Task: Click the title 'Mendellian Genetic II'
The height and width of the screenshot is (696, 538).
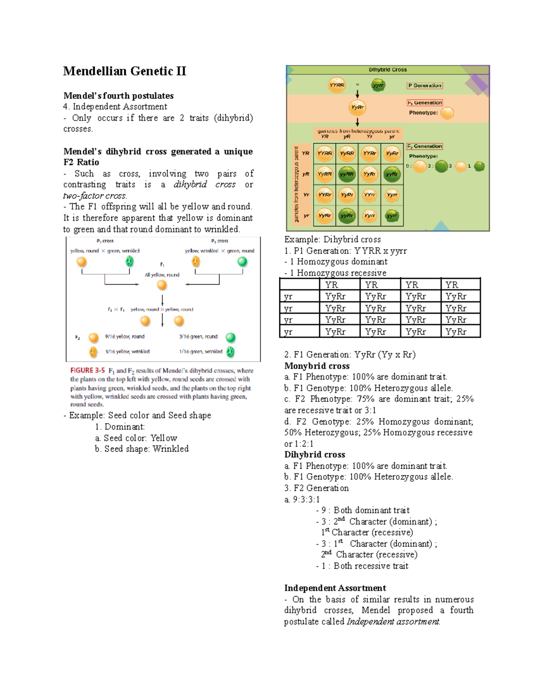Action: coord(124,71)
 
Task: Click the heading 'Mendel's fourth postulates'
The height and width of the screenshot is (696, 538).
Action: coord(118,95)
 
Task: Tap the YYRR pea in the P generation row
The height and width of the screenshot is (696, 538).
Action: coord(337,85)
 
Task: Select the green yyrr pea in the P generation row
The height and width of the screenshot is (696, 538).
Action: coord(378,85)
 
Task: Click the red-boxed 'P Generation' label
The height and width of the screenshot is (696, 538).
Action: coord(425,86)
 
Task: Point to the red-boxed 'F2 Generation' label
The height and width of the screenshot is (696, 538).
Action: coord(425,146)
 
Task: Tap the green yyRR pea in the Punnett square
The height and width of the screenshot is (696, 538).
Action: coord(347,174)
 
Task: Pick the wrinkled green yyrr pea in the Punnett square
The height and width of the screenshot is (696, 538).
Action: coord(392,216)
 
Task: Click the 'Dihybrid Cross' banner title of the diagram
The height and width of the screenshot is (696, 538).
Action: coord(388,70)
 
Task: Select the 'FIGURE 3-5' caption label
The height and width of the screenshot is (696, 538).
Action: coord(87,371)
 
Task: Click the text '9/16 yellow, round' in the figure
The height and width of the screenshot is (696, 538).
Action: coord(125,337)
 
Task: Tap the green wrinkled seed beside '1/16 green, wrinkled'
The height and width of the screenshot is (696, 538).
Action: coord(230,352)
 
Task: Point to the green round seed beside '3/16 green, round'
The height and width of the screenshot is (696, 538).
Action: coord(230,337)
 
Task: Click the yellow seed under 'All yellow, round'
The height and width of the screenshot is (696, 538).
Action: coord(162,285)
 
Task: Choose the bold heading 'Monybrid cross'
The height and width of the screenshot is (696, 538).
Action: coord(317,366)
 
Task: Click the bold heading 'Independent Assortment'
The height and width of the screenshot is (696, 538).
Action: coord(335,588)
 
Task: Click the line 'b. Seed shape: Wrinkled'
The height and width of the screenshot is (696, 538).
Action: coord(142,449)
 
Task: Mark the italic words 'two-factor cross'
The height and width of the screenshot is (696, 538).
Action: coord(95,195)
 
